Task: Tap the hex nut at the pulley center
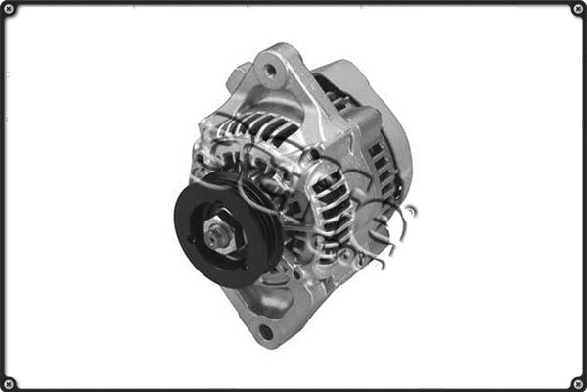[x=217, y=235]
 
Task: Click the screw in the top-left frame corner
[x=10, y=10]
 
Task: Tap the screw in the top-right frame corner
[x=577, y=10]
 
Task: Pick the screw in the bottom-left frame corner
[x=10, y=382]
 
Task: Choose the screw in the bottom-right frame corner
[x=577, y=382]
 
